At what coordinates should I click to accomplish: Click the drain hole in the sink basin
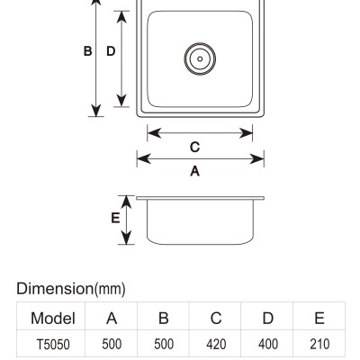(200, 58)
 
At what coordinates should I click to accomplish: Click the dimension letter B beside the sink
(87, 51)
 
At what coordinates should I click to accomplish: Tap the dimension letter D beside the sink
(111, 51)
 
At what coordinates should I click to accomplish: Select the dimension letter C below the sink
(194, 147)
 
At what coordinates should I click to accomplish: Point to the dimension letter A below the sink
(195, 171)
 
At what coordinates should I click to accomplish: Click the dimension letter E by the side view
(115, 218)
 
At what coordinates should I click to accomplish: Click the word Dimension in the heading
(55, 289)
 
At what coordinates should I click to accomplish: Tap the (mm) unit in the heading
(110, 289)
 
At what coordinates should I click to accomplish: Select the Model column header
(53, 318)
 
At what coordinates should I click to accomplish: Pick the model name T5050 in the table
(53, 345)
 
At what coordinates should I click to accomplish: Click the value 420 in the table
(216, 345)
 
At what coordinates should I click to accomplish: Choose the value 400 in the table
(268, 345)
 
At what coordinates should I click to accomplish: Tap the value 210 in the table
(319, 345)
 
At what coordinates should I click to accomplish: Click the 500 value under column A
(112, 345)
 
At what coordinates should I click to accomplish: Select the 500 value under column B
(164, 345)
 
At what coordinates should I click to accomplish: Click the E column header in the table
(319, 318)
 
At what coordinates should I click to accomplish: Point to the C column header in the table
(216, 318)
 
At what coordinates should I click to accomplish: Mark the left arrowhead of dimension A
(143, 159)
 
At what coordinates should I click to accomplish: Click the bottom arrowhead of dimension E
(127, 238)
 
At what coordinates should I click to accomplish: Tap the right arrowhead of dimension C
(246, 133)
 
